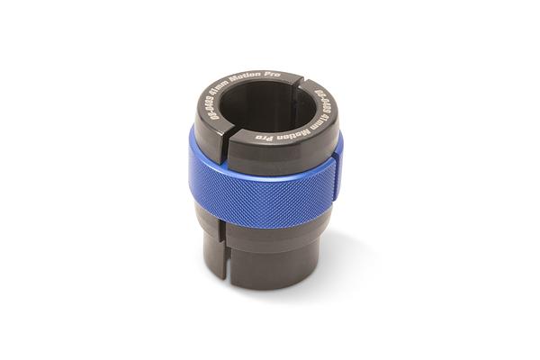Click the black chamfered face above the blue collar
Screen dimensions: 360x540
(270, 153)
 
